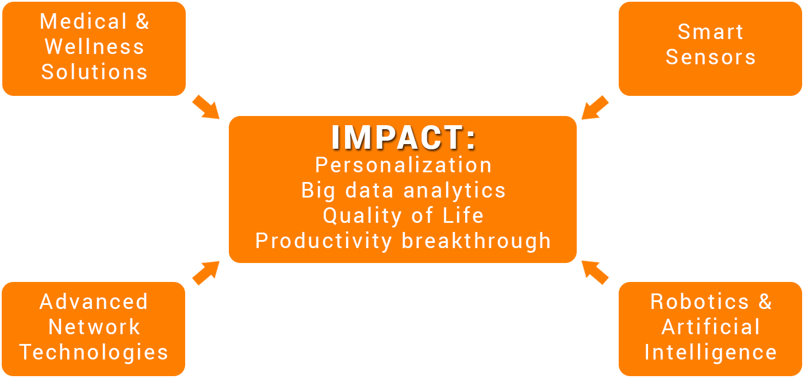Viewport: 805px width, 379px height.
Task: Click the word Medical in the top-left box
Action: coord(83,21)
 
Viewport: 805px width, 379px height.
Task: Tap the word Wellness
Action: coord(94,47)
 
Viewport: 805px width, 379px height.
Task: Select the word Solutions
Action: coord(94,72)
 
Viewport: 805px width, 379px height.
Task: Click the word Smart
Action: coord(711,32)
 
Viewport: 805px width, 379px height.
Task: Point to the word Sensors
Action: coord(711,57)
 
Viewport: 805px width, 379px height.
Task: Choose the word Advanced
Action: coord(94,301)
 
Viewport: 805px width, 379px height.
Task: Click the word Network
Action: coord(94,327)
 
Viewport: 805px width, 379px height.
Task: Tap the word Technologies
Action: coord(94,353)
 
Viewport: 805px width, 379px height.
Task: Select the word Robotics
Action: coord(700,301)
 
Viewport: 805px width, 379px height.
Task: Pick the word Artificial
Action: coord(711,327)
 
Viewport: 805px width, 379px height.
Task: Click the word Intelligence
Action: coord(711,353)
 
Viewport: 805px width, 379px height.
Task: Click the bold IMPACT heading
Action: coord(404,137)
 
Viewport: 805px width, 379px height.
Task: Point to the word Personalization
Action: coord(404,165)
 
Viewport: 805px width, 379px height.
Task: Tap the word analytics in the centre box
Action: coord(455,191)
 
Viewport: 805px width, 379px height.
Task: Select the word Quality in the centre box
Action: coord(362,216)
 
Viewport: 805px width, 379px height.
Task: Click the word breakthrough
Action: coord(476,241)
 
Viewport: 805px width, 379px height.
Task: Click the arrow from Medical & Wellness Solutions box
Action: coord(206,107)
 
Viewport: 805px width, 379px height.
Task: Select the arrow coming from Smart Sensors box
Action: coord(595,107)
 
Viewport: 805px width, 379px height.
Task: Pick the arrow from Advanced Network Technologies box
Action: coord(206,273)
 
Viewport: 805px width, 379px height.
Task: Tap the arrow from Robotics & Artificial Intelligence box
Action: coord(595,273)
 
